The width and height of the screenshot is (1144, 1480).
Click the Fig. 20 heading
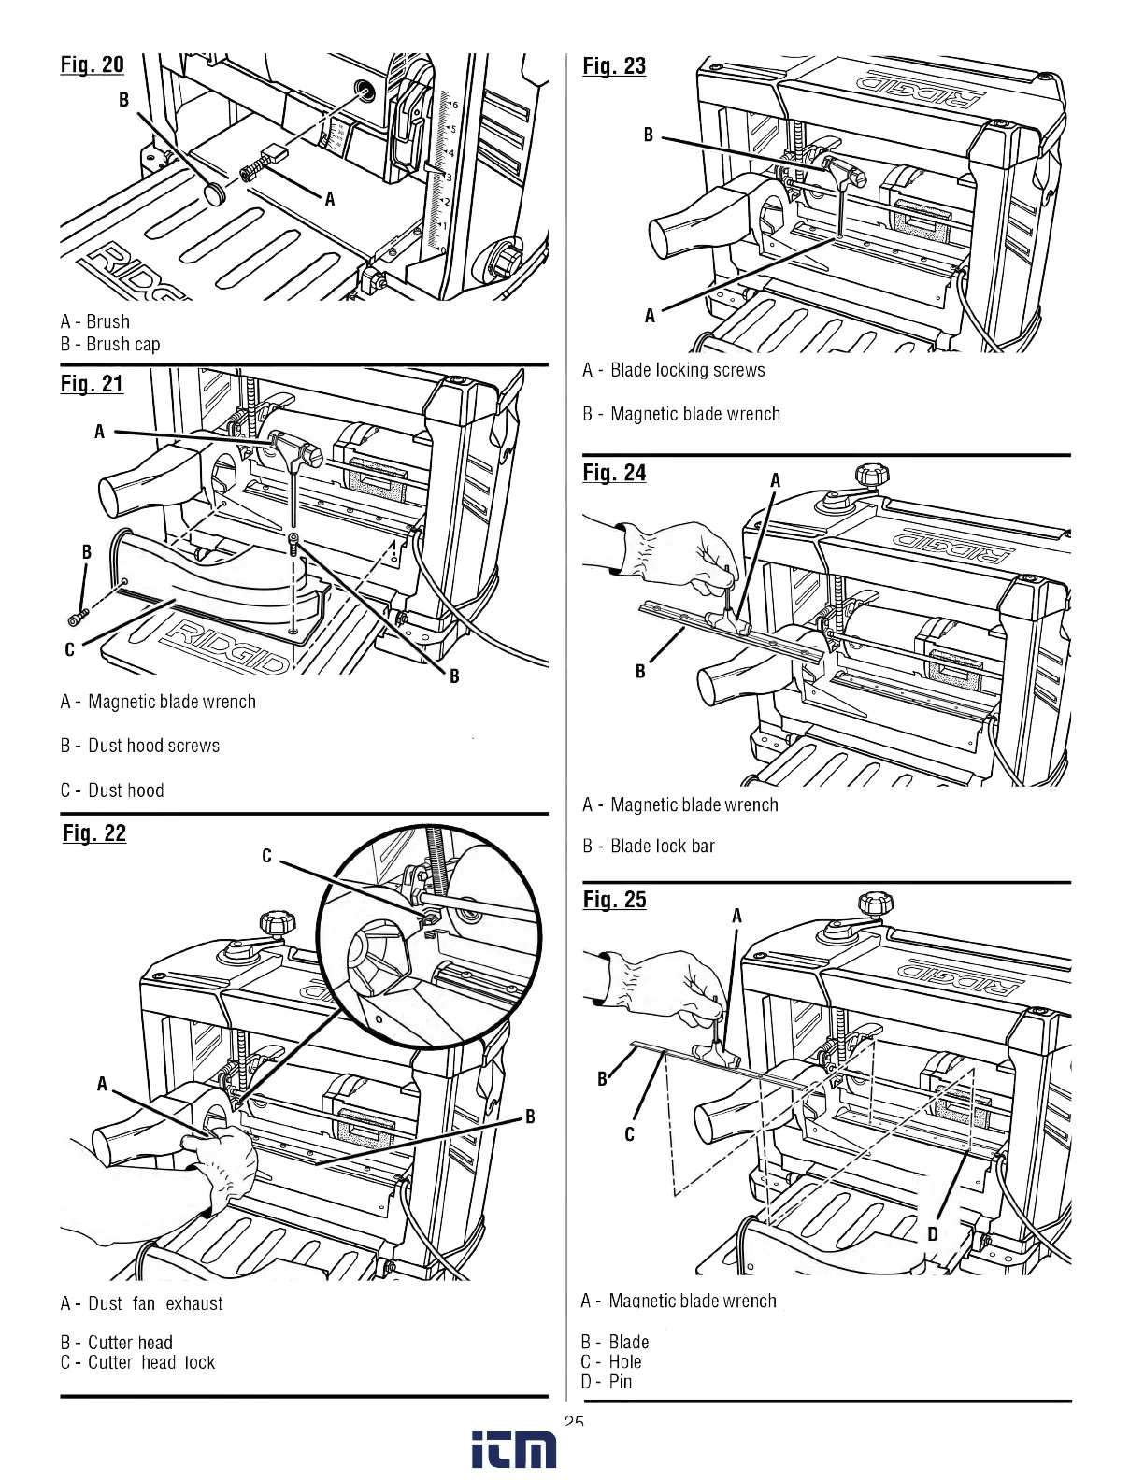[x=92, y=64]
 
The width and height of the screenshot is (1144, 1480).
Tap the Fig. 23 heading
[x=614, y=65]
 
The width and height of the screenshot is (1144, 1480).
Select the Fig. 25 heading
[x=614, y=899]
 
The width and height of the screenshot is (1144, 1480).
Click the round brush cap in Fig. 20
[x=216, y=194]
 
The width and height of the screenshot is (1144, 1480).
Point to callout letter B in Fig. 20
[x=123, y=99]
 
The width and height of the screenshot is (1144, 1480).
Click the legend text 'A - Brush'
[x=95, y=321]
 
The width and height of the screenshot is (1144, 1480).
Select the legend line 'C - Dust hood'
[x=112, y=790]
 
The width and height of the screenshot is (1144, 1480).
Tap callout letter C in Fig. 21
[x=69, y=649]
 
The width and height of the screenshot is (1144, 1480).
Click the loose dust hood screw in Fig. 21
[x=77, y=618]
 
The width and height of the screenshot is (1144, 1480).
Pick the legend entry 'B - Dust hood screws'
[x=140, y=746]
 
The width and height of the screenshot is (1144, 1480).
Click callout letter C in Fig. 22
[x=266, y=856]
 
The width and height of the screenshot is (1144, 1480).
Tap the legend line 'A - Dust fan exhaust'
[x=142, y=1303]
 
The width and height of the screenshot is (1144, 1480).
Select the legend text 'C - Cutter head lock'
[x=137, y=1362]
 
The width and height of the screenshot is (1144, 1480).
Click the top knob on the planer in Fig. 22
[x=277, y=924]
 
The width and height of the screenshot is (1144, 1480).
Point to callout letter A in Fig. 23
[x=650, y=316]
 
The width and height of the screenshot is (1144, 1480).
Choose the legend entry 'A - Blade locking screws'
[x=673, y=370]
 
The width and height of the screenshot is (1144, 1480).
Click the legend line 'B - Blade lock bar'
[x=648, y=846]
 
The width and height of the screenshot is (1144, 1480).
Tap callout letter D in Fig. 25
[x=932, y=1233]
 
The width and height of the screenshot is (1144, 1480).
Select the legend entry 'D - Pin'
[x=607, y=1382]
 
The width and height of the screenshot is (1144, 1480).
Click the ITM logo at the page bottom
[x=513, y=1449]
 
